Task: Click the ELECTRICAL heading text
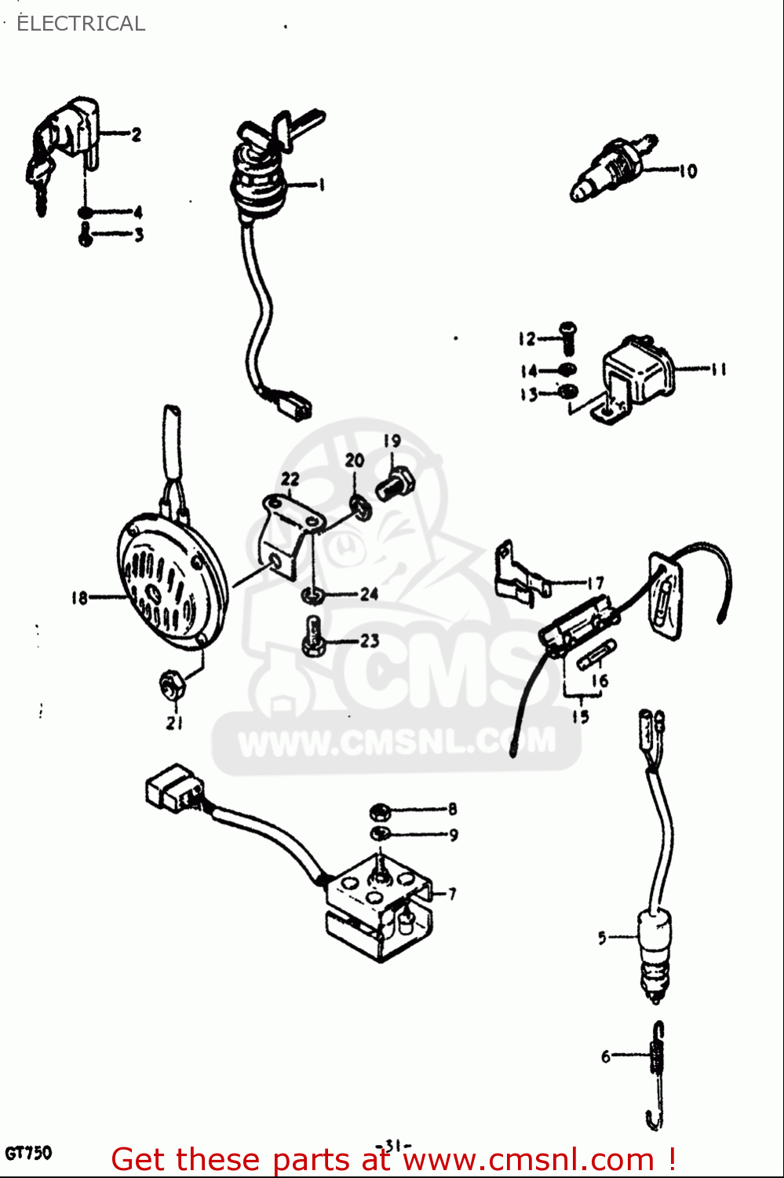[x=81, y=24]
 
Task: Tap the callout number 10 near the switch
[x=687, y=170]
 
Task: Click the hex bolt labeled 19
[x=395, y=482]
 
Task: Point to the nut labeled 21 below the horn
[x=171, y=686]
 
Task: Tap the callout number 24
[x=370, y=594]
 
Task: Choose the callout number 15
[x=580, y=716]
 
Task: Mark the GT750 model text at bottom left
[x=28, y=1153]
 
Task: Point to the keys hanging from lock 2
[x=40, y=177]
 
